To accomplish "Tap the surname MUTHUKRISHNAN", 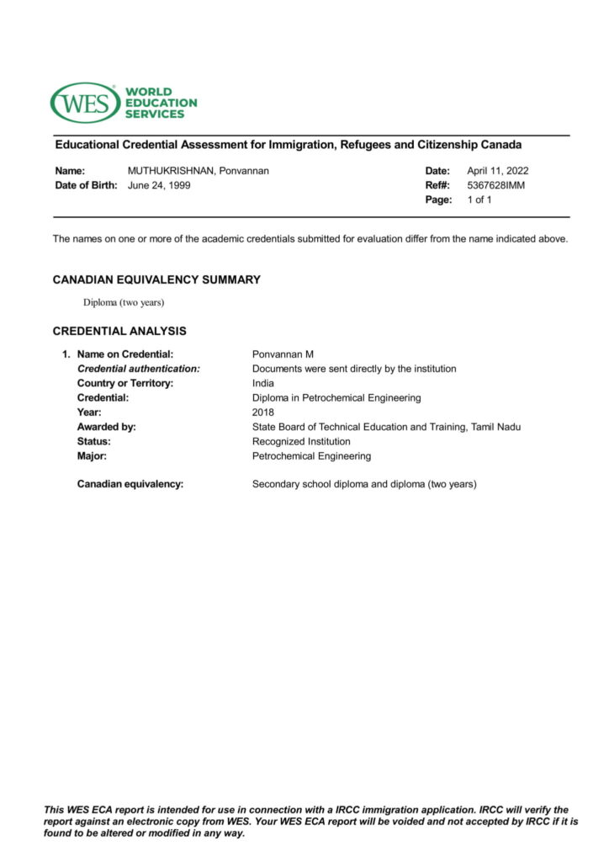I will click(x=172, y=171).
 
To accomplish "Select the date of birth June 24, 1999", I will click(x=159, y=185).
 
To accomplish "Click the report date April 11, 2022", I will click(x=498, y=171).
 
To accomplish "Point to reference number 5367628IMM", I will click(x=495, y=185).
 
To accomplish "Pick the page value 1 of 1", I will click(x=479, y=200).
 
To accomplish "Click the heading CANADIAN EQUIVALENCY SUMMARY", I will click(x=156, y=279).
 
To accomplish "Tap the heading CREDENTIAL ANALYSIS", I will click(x=119, y=331).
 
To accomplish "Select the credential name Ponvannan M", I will click(x=283, y=354).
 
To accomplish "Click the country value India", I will click(x=263, y=383).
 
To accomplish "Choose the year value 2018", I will click(x=263, y=412).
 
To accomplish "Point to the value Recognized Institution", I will click(x=301, y=441).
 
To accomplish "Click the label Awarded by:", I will click(x=107, y=427).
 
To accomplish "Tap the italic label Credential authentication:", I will click(x=139, y=369).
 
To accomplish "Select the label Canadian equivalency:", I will click(x=130, y=484).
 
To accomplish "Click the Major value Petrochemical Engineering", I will click(x=311, y=456).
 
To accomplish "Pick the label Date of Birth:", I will click(x=86, y=185).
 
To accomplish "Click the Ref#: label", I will click(x=437, y=185).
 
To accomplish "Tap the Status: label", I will click(x=94, y=441).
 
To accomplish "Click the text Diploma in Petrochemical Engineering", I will click(x=336, y=397).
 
